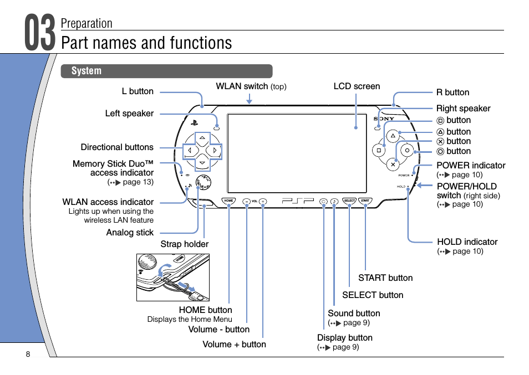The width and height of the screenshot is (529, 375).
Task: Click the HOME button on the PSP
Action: point(228,201)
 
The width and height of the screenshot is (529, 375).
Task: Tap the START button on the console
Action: point(364,201)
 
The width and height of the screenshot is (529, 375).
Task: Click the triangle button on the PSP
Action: point(393,135)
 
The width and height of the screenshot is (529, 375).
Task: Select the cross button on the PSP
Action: point(393,164)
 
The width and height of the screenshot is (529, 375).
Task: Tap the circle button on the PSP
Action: point(407,150)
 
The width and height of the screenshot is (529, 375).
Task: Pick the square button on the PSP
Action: point(379,150)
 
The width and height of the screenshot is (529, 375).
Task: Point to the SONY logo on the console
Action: point(384,118)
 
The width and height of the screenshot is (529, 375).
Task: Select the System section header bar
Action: point(167,71)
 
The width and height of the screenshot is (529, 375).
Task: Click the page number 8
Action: point(28,355)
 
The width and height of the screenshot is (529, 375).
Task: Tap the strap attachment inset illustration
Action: point(173,278)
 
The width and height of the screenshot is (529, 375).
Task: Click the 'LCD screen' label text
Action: point(357,86)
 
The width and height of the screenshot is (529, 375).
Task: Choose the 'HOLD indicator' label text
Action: point(467,242)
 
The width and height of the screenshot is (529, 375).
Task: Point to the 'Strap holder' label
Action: point(185,244)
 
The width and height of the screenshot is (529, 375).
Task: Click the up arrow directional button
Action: point(203,137)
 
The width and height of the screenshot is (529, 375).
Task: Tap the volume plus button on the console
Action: point(263,201)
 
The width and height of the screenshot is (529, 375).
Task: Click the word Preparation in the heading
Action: point(87,23)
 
